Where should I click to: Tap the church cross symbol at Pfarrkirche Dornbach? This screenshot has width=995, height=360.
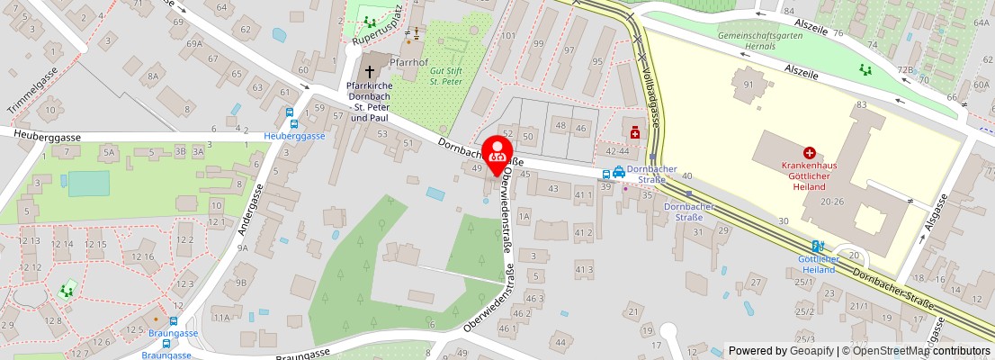pyautogui.click(x=369, y=70)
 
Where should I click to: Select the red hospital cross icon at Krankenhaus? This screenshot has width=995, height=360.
pyautogui.click(x=810, y=154)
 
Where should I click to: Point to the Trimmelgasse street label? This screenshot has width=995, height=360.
pyautogui.click(x=33, y=94)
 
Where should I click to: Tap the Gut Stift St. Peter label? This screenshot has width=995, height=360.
pyautogui.click(x=446, y=76)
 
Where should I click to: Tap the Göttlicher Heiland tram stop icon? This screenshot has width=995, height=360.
pyautogui.click(x=817, y=246)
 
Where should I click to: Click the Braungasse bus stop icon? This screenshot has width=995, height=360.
pyautogui.click(x=174, y=320)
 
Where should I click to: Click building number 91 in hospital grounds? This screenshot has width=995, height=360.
pyautogui.click(x=747, y=85)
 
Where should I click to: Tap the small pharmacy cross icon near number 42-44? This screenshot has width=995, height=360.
pyautogui.click(x=635, y=133)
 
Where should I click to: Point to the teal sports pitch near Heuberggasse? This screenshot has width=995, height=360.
pyautogui.click(x=88, y=184)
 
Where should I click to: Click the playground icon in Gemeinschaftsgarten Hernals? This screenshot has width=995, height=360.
pyautogui.click(x=865, y=68)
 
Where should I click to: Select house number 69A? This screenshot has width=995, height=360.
pyautogui.click(x=194, y=42)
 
